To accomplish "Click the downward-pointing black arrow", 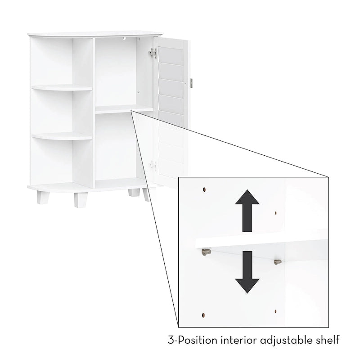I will [247, 273].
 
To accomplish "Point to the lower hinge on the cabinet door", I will [153, 165].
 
